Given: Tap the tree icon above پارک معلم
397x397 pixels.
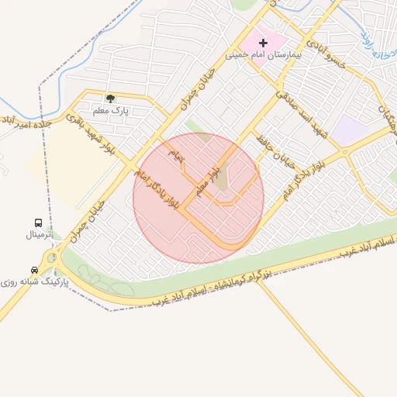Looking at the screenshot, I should (110, 98).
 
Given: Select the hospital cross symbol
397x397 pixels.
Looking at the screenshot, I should (262, 42).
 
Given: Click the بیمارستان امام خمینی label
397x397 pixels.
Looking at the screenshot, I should (257, 55).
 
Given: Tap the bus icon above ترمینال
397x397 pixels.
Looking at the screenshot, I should (39, 223).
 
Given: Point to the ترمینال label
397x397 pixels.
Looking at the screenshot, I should (39, 233).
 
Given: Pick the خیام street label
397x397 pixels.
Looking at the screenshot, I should (178, 156).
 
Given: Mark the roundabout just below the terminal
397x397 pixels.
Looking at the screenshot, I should (52, 257).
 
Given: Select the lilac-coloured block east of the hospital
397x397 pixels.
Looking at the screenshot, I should (347, 132).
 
